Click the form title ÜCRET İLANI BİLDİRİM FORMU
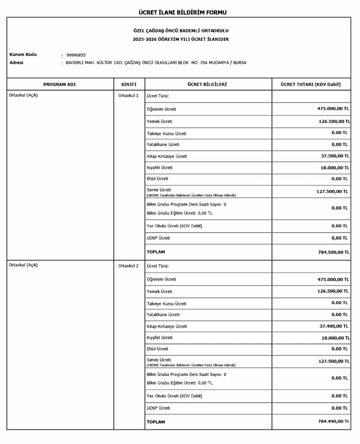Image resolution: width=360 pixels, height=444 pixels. (183, 12)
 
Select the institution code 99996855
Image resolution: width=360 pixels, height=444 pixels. (76, 55)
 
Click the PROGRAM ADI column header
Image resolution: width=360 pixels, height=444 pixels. (60, 84)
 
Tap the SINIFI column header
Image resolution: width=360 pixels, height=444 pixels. (129, 84)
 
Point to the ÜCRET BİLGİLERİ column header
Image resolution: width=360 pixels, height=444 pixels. (208, 84)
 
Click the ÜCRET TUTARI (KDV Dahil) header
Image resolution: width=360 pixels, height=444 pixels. (311, 84)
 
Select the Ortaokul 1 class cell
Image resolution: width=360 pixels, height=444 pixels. (128, 95)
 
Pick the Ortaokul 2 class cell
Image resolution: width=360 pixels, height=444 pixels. (128, 266)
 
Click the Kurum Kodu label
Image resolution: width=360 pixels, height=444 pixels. (23, 55)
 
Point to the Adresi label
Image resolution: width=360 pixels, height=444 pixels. (16, 63)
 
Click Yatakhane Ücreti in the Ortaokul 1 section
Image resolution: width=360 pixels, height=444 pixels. (163, 145)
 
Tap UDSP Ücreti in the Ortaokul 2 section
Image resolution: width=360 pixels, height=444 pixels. (158, 408)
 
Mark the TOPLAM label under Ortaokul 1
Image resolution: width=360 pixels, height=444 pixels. (156, 252)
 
